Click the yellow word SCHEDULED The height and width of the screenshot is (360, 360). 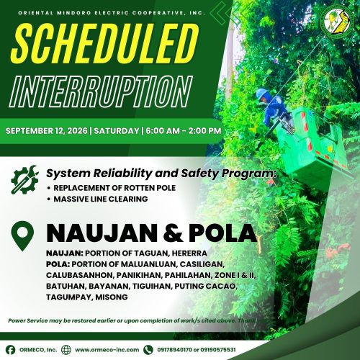pyautogui.click(x=104, y=43)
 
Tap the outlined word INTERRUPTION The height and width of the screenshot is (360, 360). pyautogui.click(x=101, y=91)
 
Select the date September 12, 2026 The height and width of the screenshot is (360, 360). pyautogui.click(x=47, y=131)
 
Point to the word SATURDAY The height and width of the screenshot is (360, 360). pyautogui.click(x=117, y=131)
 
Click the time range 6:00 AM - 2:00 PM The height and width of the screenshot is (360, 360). pyautogui.click(x=184, y=131)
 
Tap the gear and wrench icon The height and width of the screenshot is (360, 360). pyautogui.click(x=24, y=179)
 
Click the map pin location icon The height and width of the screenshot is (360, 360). pyautogui.click(x=22, y=236)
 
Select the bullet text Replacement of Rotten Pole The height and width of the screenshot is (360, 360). pyautogui.click(x=114, y=188)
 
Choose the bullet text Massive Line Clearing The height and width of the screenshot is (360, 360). pyautogui.click(x=101, y=199)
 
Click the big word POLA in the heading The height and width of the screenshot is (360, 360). pyautogui.click(x=222, y=233)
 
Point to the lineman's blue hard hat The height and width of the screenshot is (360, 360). pyautogui.click(x=263, y=94)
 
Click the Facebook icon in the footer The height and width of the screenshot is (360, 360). pyautogui.click(x=10, y=350)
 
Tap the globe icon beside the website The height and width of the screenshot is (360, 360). pyautogui.click(x=66, y=350)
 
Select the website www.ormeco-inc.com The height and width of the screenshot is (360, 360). pyautogui.click(x=107, y=350)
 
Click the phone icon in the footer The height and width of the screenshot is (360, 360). pyautogui.click(x=148, y=350)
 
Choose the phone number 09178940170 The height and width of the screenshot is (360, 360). pyautogui.click(x=174, y=350)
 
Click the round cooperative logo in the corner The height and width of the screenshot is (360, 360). pyautogui.click(x=337, y=22)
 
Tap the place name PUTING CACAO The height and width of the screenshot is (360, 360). pyautogui.click(x=206, y=287)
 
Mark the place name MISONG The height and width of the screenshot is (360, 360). pyautogui.click(x=112, y=297)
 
